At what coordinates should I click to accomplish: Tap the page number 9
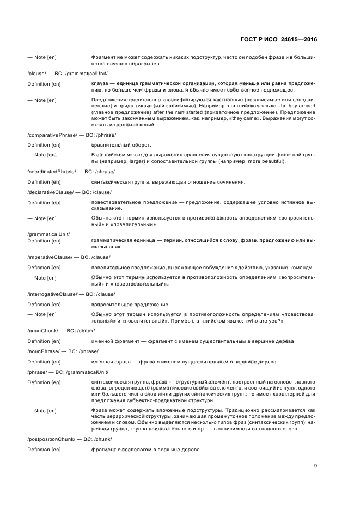pos(315,465)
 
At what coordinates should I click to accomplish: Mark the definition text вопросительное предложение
pos(131,304)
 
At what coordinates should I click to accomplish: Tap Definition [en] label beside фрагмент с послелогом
pos(44,450)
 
